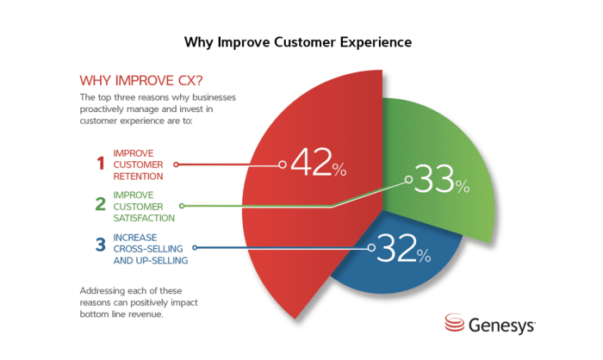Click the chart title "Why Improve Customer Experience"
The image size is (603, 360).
(x=301, y=40)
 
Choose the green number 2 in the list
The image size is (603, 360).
(x=100, y=205)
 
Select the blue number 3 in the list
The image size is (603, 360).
(x=100, y=247)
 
